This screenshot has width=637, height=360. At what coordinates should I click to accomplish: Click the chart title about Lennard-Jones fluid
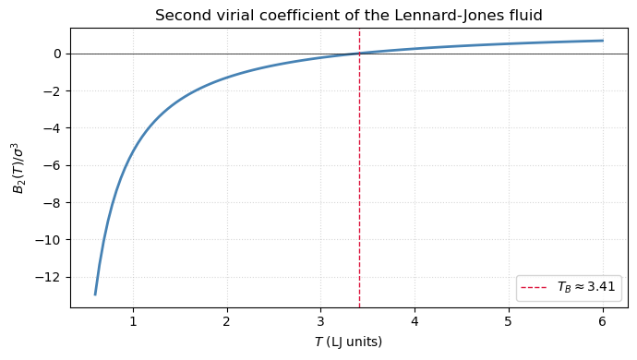coord(348,15)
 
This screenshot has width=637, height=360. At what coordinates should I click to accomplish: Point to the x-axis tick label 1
coord(133,321)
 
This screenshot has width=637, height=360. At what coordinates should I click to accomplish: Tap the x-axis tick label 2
coord(226,321)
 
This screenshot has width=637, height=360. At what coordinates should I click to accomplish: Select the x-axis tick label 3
coord(320,321)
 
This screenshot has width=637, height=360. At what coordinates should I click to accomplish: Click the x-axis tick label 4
coord(415,321)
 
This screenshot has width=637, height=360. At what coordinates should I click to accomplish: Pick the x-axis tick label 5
coord(508,321)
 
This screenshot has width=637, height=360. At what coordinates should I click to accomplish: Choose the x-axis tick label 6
coord(602,321)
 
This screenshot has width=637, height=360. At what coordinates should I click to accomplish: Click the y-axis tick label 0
coord(57,54)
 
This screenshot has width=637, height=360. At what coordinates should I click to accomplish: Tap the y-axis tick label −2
coord(54,91)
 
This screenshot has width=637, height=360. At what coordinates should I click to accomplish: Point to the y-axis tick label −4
coord(54,128)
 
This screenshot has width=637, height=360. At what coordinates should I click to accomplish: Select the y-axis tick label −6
coord(54,165)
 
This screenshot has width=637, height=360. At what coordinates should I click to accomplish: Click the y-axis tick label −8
coord(54,203)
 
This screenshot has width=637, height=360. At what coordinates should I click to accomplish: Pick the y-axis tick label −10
coord(50,240)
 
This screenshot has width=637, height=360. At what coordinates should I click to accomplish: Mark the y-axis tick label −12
coord(50,277)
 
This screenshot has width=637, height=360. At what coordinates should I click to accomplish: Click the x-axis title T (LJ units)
coord(348,342)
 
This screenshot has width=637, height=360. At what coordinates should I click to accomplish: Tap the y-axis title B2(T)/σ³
coord(18,167)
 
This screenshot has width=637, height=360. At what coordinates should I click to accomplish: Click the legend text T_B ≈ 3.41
coord(586,288)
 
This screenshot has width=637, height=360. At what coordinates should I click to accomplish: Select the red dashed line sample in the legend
coord(535,288)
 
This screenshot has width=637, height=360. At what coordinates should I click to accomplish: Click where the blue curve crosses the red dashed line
coord(359,54)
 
